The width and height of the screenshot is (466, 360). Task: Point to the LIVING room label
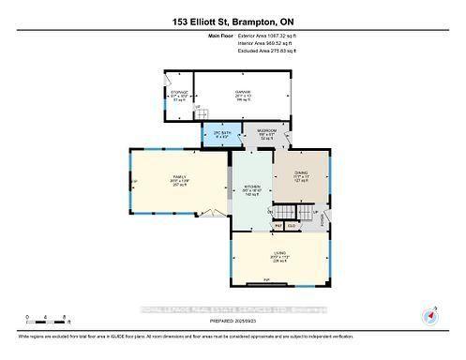click(x=280, y=256)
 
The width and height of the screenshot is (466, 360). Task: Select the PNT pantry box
click(x=278, y=226)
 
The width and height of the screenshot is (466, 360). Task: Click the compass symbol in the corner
click(x=431, y=315)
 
